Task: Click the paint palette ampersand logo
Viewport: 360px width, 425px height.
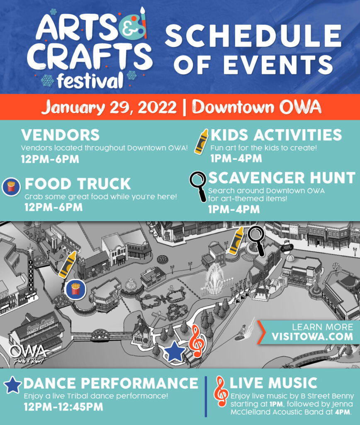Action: click(132, 25)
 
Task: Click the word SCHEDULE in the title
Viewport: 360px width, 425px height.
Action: click(253, 36)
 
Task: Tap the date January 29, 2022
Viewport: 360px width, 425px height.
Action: click(109, 107)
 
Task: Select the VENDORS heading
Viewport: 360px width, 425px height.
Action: click(61, 135)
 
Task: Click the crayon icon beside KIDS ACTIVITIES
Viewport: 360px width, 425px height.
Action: click(202, 142)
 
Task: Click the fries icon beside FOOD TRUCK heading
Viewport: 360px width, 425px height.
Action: click(11, 187)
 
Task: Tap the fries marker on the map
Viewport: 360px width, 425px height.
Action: click(75, 289)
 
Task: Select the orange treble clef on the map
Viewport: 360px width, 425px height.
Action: click(197, 341)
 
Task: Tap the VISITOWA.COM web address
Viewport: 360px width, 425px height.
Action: click(312, 337)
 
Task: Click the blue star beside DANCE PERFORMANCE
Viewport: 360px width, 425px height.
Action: click(12, 385)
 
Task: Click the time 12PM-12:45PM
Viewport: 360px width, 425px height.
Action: click(63, 407)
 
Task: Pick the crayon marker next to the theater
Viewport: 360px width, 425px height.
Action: click(68, 264)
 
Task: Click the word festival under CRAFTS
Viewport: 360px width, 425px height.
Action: click(90, 81)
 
